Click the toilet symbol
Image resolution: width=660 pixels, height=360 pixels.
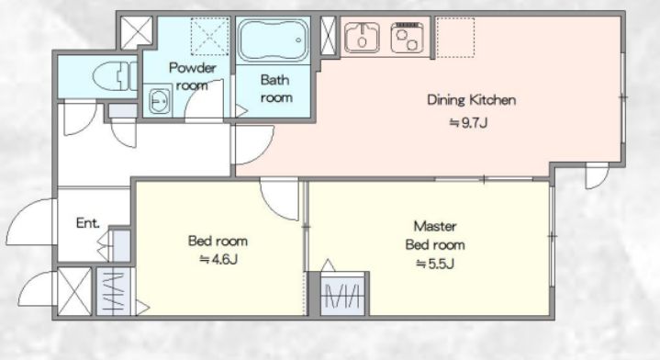click(116, 76)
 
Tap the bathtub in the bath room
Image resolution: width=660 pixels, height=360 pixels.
click(274, 40)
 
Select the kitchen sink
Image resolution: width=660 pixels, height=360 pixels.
click(362, 38)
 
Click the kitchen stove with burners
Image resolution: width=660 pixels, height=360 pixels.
click(406, 38)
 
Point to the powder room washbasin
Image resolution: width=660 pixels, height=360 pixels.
click(160, 101)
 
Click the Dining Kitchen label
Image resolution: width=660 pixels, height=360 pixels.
click(472, 100)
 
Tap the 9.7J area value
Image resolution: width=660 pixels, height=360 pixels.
click(468, 123)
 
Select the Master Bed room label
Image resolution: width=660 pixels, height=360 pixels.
click(435, 235)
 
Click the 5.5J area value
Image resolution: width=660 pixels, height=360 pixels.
click(435, 264)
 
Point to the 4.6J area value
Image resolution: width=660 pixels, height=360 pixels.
click(218, 259)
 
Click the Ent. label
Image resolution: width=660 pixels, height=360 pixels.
click(88, 223)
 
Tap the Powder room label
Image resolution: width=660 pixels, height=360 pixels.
click(193, 76)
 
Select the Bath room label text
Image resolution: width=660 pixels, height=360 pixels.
click(275, 88)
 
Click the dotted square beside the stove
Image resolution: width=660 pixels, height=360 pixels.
click(455, 38)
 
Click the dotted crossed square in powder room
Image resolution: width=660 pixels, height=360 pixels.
click(209, 36)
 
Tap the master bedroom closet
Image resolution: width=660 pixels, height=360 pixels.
click(342, 294)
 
